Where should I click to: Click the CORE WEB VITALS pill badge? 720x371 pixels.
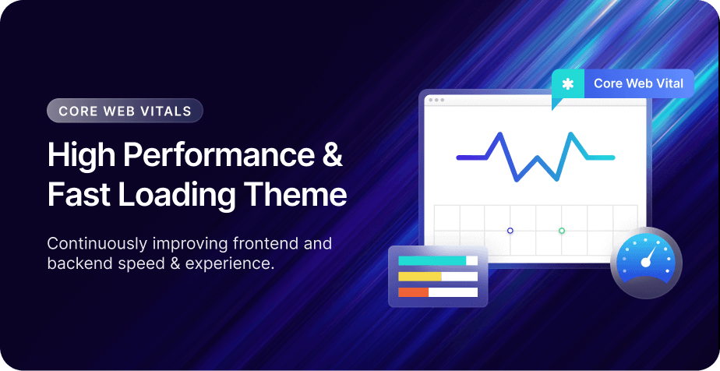(125, 111)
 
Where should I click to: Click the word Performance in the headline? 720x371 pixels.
(219, 155)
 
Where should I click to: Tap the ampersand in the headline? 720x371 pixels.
(333, 154)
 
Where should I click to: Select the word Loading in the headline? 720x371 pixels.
(177, 195)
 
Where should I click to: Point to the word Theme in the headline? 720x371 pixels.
(295, 194)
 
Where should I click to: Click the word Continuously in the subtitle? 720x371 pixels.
(97, 244)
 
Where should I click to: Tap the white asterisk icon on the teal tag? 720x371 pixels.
(568, 84)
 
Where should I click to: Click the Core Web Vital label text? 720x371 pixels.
(638, 83)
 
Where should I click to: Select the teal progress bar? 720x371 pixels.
(432, 261)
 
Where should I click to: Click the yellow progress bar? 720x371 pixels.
(420, 277)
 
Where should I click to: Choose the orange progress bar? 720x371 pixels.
(413, 292)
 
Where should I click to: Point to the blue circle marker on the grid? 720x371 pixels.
(510, 231)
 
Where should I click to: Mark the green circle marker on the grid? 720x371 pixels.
(562, 231)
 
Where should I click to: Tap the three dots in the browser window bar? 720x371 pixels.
(436, 100)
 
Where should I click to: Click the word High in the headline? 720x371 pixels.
(81, 155)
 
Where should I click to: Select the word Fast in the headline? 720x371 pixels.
(79, 194)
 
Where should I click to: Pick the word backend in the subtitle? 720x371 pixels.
(76, 263)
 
